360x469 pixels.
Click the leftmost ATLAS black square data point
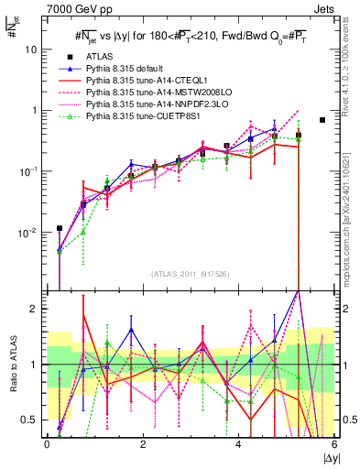point(60,228)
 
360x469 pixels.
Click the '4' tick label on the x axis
point(238,444)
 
